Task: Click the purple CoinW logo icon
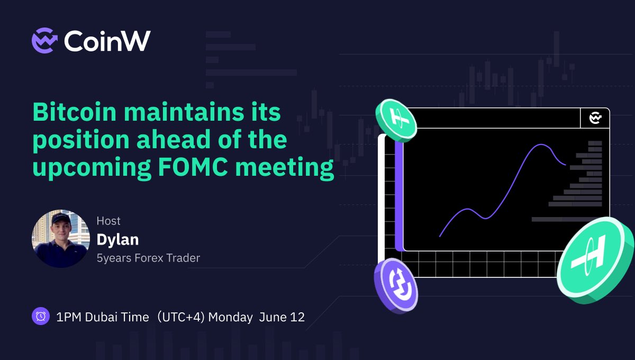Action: click(44, 41)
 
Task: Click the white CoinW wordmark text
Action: click(107, 41)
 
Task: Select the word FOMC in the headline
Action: click(193, 167)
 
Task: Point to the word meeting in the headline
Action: click(285, 168)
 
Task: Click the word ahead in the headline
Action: click(174, 139)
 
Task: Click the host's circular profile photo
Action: click(61, 239)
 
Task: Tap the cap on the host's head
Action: click(60, 219)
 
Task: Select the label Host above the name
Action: click(108, 221)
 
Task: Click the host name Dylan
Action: click(117, 239)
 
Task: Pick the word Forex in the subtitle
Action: click(149, 258)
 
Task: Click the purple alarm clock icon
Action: click(41, 316)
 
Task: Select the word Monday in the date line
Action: click(230, 317)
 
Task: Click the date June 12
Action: click(282, 317)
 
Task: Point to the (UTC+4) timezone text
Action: click(180, 317)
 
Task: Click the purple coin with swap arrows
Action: click(396, 286)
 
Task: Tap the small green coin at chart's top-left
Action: click(396, 121)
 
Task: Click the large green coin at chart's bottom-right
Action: click(595, 259)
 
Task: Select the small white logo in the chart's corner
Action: click(595, 118)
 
